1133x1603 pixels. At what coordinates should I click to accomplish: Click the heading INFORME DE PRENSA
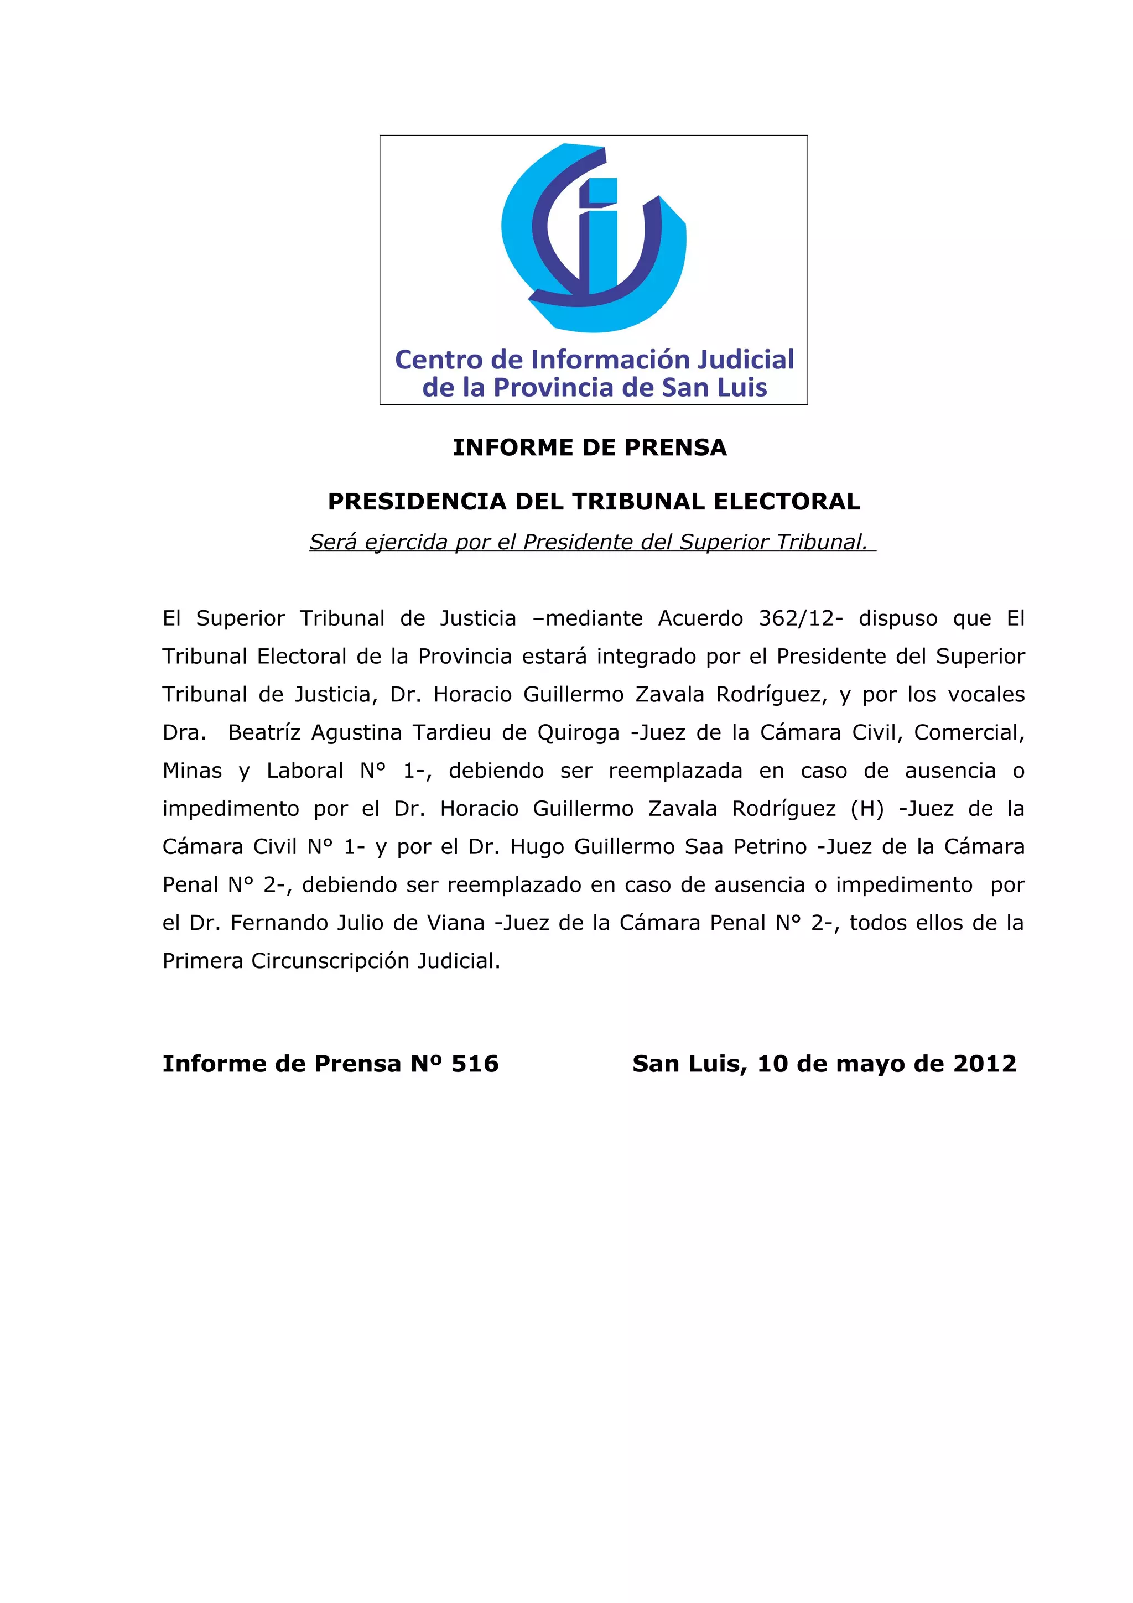(590, 447)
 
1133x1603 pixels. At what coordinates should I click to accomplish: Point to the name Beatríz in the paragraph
(264, 732)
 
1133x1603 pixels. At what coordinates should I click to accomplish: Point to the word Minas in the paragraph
(192, 771)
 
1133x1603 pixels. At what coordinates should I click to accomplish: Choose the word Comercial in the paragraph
(968, 732)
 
